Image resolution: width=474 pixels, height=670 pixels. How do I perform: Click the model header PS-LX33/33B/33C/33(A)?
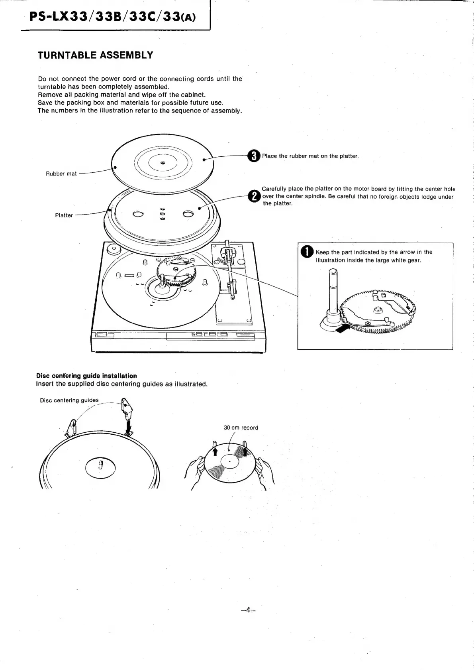(x=113, y=17)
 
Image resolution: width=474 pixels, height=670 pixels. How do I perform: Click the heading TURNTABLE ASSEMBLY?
(x=95, y=55)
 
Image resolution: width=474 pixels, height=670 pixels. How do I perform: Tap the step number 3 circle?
(x=254, y=156)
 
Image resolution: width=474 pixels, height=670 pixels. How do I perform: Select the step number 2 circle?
(x=254, y=196)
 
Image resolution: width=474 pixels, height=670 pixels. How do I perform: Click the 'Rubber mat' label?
(x=61, y=174)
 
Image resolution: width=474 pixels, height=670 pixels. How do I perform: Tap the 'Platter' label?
(x=64, y=216)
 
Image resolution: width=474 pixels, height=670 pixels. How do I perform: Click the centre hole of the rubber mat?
(x=163, y=163)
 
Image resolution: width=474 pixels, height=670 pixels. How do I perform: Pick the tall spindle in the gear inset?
(x=333, y=289)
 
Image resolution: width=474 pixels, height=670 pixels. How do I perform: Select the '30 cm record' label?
(x=241, y=428)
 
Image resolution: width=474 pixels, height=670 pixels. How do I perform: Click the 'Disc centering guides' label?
(x=69, y=400)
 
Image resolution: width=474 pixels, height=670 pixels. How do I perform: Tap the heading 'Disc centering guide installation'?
(x=86, y=376)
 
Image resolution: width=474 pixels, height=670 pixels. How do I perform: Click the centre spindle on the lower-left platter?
(x=100, y=465)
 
